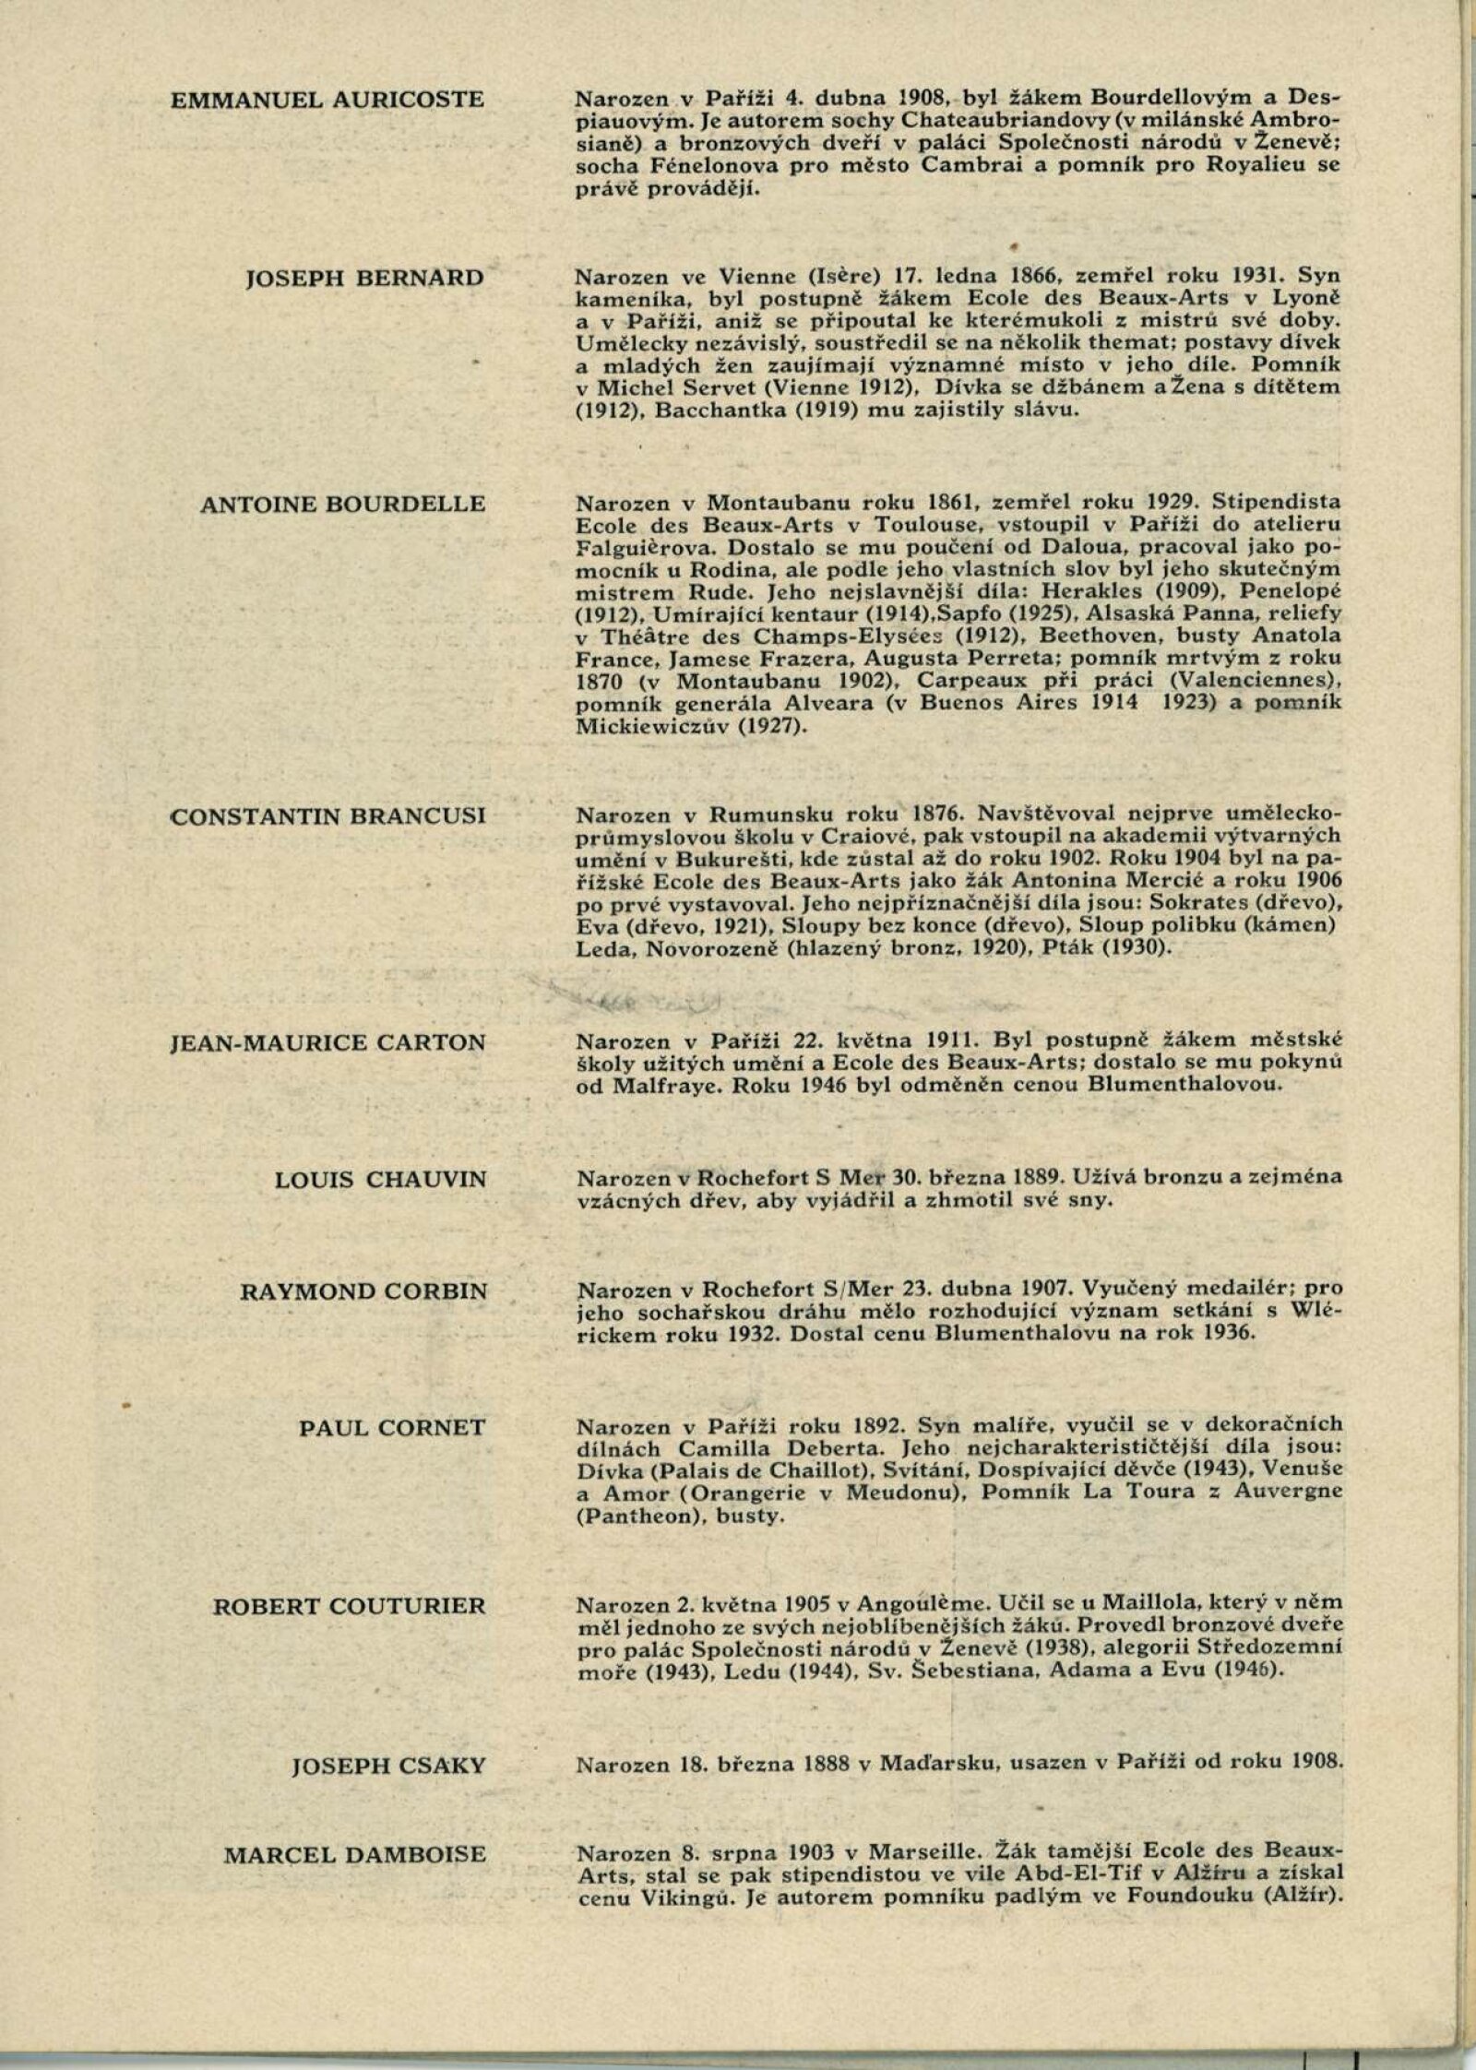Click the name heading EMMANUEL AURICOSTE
coord(327,100)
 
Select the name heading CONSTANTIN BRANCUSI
coord(327,816)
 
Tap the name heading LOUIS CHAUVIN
coord(380,1180)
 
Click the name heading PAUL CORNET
coord(391,1428)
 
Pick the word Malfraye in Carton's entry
coord(662,1086)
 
